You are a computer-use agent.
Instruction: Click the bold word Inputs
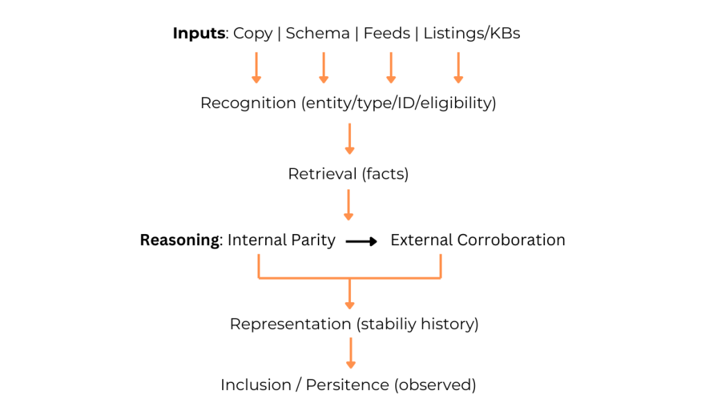(x=199, y=33)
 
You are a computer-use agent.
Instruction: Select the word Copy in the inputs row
(x=253, y=33)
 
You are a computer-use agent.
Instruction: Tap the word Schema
(x=318, y=33)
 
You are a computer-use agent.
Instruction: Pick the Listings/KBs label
(x=472, y=33)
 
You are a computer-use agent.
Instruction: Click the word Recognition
(x=248, y=103)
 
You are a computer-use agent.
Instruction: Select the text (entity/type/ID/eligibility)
(x=398, y=103)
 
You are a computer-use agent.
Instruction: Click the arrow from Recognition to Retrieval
(x=350, y=139)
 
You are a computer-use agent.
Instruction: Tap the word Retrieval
(x=322, y=174)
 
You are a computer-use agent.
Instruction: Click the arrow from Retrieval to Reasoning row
(x=350, y=205)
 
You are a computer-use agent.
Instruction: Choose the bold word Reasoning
(x=179, y=240)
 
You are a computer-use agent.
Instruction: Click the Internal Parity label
(x=281, y=240)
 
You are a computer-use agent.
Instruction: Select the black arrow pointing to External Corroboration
(x=361, y=241)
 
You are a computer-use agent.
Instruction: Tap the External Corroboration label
(x=478, y=240)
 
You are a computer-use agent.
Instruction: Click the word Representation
(x=289, y=324)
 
